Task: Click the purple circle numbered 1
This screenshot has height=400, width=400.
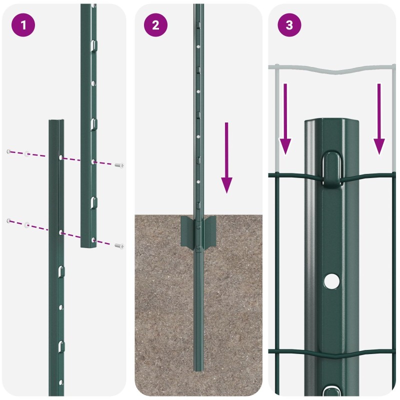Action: click(x=23, y=25)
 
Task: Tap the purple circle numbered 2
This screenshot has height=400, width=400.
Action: click(x=155, y=25)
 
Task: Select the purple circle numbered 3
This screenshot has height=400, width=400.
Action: click(x=289, y=25)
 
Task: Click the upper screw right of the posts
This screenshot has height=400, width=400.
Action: click(x=119, y=165)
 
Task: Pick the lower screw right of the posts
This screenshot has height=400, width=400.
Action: click(x=119, y=246)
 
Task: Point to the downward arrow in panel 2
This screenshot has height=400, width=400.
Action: click(x=226, y=158)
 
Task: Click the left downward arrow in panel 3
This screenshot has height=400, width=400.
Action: click(x=285, y=119)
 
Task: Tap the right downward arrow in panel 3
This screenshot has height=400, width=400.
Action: click(x=379, y=119)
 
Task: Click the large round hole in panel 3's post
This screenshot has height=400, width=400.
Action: click(x=331, y=281)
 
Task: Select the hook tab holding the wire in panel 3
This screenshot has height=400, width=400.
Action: click(x=331, y=169)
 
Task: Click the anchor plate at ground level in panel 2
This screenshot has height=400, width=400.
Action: click(x=198, y=231)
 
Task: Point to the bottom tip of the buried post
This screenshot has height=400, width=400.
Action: click(x=198, y=370)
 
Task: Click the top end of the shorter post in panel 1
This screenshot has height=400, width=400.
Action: click(x=56, y=120)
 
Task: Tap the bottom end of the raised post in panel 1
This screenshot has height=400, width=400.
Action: click(x=88, y=246)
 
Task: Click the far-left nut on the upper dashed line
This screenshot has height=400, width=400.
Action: click(x=8, y=152)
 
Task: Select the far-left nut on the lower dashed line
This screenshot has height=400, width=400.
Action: click(x=8, y=220)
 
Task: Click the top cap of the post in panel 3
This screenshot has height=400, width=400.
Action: click(x=331, y=121)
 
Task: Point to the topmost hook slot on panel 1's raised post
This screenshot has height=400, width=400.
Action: click(x=94, y=45)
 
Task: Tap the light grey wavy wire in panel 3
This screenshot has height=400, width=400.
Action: click(x=331, y=69)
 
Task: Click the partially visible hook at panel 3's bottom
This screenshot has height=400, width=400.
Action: click(x=331, y=391)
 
